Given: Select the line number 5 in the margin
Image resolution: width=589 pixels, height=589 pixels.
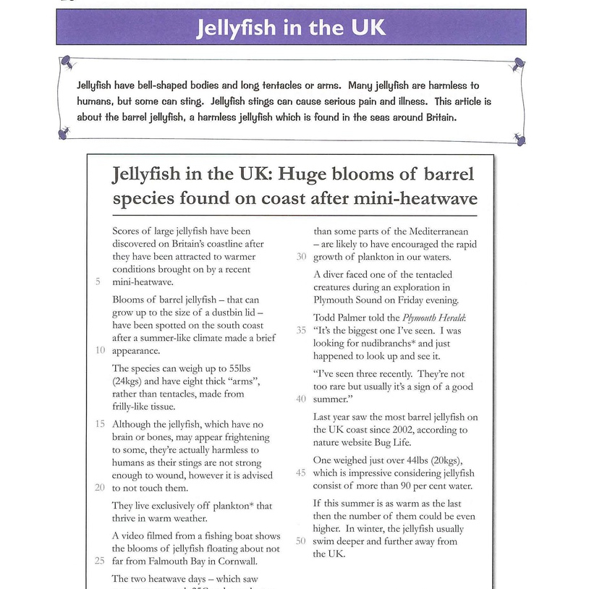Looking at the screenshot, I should click(x=98, y=282).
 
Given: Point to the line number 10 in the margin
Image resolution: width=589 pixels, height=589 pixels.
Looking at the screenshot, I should click(x=100, y=350).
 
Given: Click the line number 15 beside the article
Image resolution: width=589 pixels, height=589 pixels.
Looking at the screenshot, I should click(x=100, y=423).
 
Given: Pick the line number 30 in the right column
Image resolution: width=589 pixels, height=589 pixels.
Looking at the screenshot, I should click(x=301, y=257).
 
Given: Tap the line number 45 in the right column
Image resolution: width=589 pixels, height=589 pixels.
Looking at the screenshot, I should click(x=301, y=473).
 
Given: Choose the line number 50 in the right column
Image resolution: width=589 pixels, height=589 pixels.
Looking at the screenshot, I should click(x=301, y=541).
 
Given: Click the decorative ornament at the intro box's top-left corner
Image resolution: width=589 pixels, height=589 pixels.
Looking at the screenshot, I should click(x=66, y=62).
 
